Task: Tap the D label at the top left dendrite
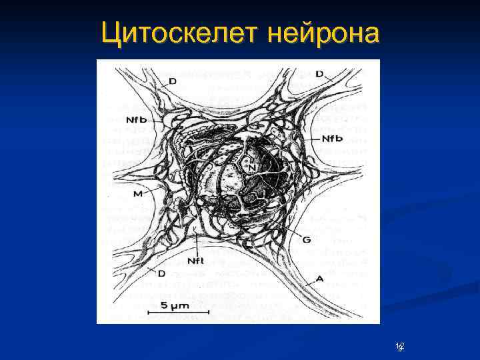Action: [172, 81]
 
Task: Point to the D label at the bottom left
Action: [161, 273]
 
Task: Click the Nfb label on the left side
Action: [136, 119]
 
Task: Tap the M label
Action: [137, 193]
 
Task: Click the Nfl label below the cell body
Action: [195, 260]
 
